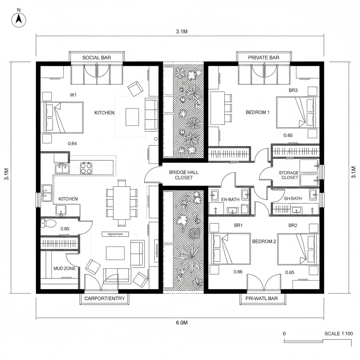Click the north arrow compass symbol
click(19, 20)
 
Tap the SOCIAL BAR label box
click(97, 57)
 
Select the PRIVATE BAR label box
click(264, 57)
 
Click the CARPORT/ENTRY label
click(105, 298)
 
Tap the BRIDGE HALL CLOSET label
click(184, 175)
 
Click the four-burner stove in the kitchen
click(86, 168)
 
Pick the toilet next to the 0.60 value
click(49, 223)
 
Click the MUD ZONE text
click(64, 268)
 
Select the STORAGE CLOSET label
click(289, 175)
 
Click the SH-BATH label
click(292, 199)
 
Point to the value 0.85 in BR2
click(290, 272)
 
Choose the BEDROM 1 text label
click(258, 112)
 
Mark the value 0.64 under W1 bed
click(72, 143)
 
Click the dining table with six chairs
click(122, 203)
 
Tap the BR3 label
click(293, 90)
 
